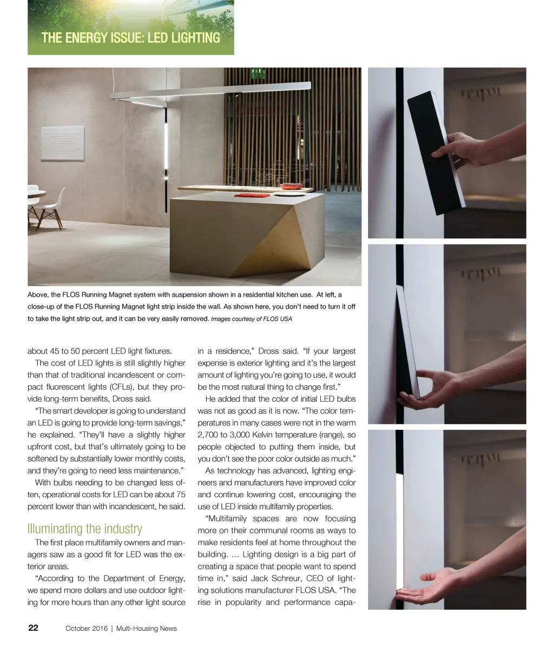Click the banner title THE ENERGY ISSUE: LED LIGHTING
(130, 38)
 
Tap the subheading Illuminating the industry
(84, 528)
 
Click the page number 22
(33, 628)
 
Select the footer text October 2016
(86, 628)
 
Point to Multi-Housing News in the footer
(147, 628)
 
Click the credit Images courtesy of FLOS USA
(251, 319)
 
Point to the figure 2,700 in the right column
(208, 435)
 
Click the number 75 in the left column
(181, 495)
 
